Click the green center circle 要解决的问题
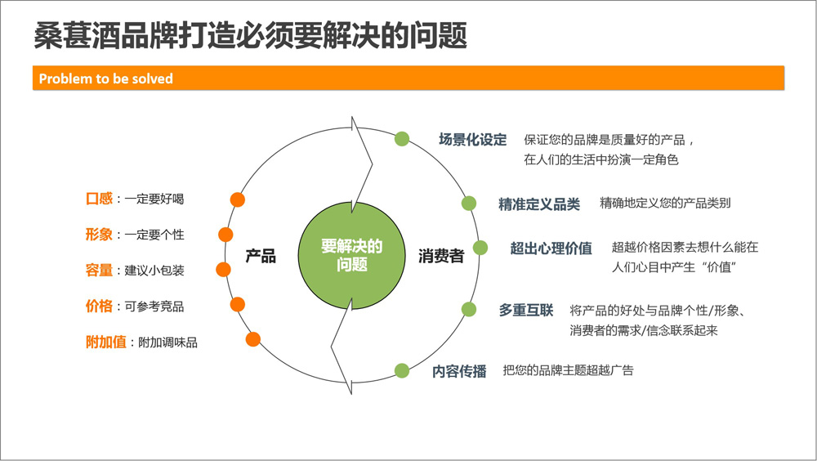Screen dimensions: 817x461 (351, 256)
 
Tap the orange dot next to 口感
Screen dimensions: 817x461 (238, 199)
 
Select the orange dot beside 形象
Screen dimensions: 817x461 (225, 235)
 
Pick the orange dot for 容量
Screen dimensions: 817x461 (224, 270)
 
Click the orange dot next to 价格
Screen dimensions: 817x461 (238, 305)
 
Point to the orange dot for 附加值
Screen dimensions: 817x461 (253, 339)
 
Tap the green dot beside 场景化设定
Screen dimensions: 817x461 (402, 139)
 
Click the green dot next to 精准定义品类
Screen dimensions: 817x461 (469, 204)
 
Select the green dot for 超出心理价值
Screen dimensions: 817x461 (480, 248)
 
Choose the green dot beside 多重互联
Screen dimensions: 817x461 (469, 309)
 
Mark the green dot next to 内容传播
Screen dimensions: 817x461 (402, 371)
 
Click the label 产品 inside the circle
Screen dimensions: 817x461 (261, 256)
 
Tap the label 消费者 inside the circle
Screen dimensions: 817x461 (441, 256)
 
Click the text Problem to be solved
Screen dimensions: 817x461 (105, 78)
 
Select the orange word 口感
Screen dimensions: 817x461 (99, 199)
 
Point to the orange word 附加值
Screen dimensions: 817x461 (105, 342)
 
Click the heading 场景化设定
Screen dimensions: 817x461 (472, 140)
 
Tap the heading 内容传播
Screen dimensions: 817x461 (459, 371)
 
